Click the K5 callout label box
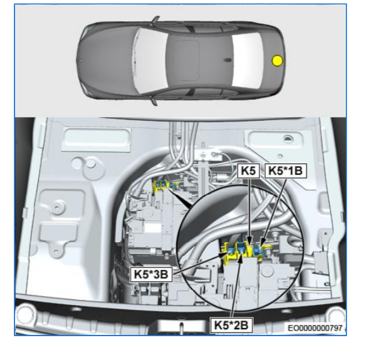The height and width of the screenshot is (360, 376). coord(248,171)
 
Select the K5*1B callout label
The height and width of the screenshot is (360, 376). coord(286,171)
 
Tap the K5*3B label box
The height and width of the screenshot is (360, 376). coord(151,274)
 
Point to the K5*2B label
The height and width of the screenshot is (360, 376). coord(231,326)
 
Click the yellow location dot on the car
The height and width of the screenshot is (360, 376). coord(278,61)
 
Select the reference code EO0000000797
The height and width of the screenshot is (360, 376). coord(315,328)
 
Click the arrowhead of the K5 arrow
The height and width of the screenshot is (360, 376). coord(250,244)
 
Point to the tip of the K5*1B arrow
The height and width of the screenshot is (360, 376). coord(261,245)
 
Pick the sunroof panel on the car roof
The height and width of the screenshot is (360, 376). coord(187,60)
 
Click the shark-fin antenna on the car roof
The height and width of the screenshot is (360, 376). coord(226,59)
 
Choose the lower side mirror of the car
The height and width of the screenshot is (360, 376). coord(155,101)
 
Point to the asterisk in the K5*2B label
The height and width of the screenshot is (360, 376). coord(231,324)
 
